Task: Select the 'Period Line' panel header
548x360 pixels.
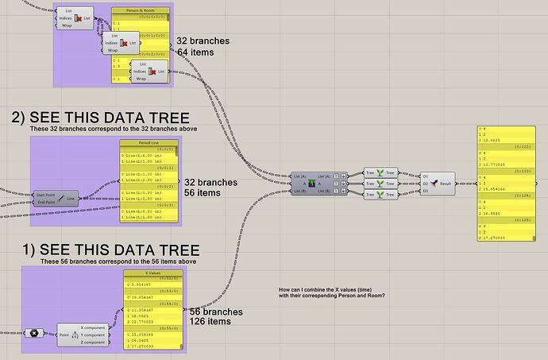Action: pos(150,142)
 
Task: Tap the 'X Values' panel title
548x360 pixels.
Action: pos(153,272)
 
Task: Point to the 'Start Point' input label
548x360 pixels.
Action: pos(50,194)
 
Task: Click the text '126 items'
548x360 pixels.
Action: pos(216,323)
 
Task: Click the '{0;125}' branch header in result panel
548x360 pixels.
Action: pos(521,219)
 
